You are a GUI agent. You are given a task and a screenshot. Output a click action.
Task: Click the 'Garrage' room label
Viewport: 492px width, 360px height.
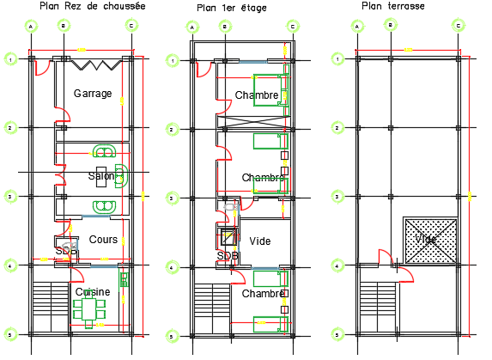click(x=93, y=93)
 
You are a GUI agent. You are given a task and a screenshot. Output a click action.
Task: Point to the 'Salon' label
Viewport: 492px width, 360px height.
click(x=100, y=176)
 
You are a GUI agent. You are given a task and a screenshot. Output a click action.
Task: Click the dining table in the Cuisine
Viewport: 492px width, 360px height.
click(x=90, y=308)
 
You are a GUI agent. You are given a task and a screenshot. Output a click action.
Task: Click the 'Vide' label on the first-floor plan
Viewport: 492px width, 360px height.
click(x=258, y=241)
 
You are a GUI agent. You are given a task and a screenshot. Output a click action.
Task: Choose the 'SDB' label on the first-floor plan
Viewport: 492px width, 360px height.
click(x=228, y=256)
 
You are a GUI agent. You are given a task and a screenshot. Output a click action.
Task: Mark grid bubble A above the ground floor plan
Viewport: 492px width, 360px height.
click(x=31, y=26)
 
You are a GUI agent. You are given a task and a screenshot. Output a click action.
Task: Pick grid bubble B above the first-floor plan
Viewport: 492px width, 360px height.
click(x=224, y=26)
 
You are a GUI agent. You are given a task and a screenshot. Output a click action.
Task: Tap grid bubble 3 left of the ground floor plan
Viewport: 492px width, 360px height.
click(x=10, y=197)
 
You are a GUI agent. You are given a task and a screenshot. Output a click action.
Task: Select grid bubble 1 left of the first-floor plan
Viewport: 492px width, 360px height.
click(x=173, y=60)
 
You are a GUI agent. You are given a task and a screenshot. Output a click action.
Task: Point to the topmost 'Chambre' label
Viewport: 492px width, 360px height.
click(x=256, y=95)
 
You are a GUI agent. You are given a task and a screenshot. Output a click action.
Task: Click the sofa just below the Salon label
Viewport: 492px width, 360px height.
click(x=104, y=206)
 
